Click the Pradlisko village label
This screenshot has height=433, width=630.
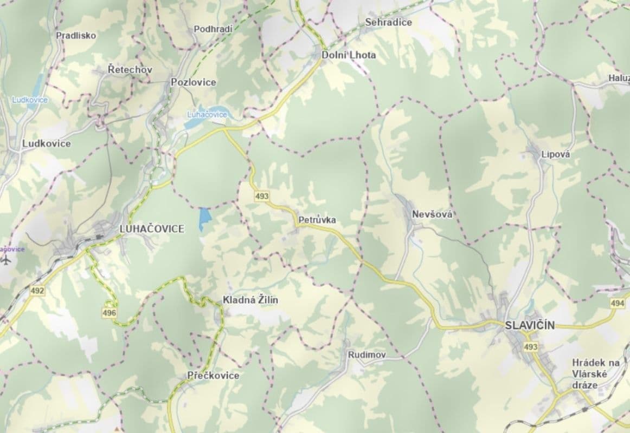[76, 36]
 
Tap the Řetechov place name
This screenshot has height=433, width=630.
[130, 70]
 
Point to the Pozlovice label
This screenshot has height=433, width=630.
[193, 82]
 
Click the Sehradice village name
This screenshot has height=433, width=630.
[388, 23]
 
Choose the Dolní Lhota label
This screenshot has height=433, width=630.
[349, 55]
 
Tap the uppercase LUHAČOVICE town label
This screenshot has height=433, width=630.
[151, 229]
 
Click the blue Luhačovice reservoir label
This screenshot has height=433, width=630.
[207, 115]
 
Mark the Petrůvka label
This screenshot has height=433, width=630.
[317, 220]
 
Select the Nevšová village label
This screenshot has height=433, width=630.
[432, 214]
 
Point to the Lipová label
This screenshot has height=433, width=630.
[556, 154]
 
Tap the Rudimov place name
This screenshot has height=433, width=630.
[367, 355]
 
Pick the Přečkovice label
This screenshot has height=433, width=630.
[213, 375]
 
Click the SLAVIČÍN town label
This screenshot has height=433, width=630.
[530, 325]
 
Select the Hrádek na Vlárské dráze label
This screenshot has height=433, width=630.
[595, 374]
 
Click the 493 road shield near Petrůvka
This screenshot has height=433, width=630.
[261, 196]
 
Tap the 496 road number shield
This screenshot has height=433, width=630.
[109, 313]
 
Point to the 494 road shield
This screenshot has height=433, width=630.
[617, 304]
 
